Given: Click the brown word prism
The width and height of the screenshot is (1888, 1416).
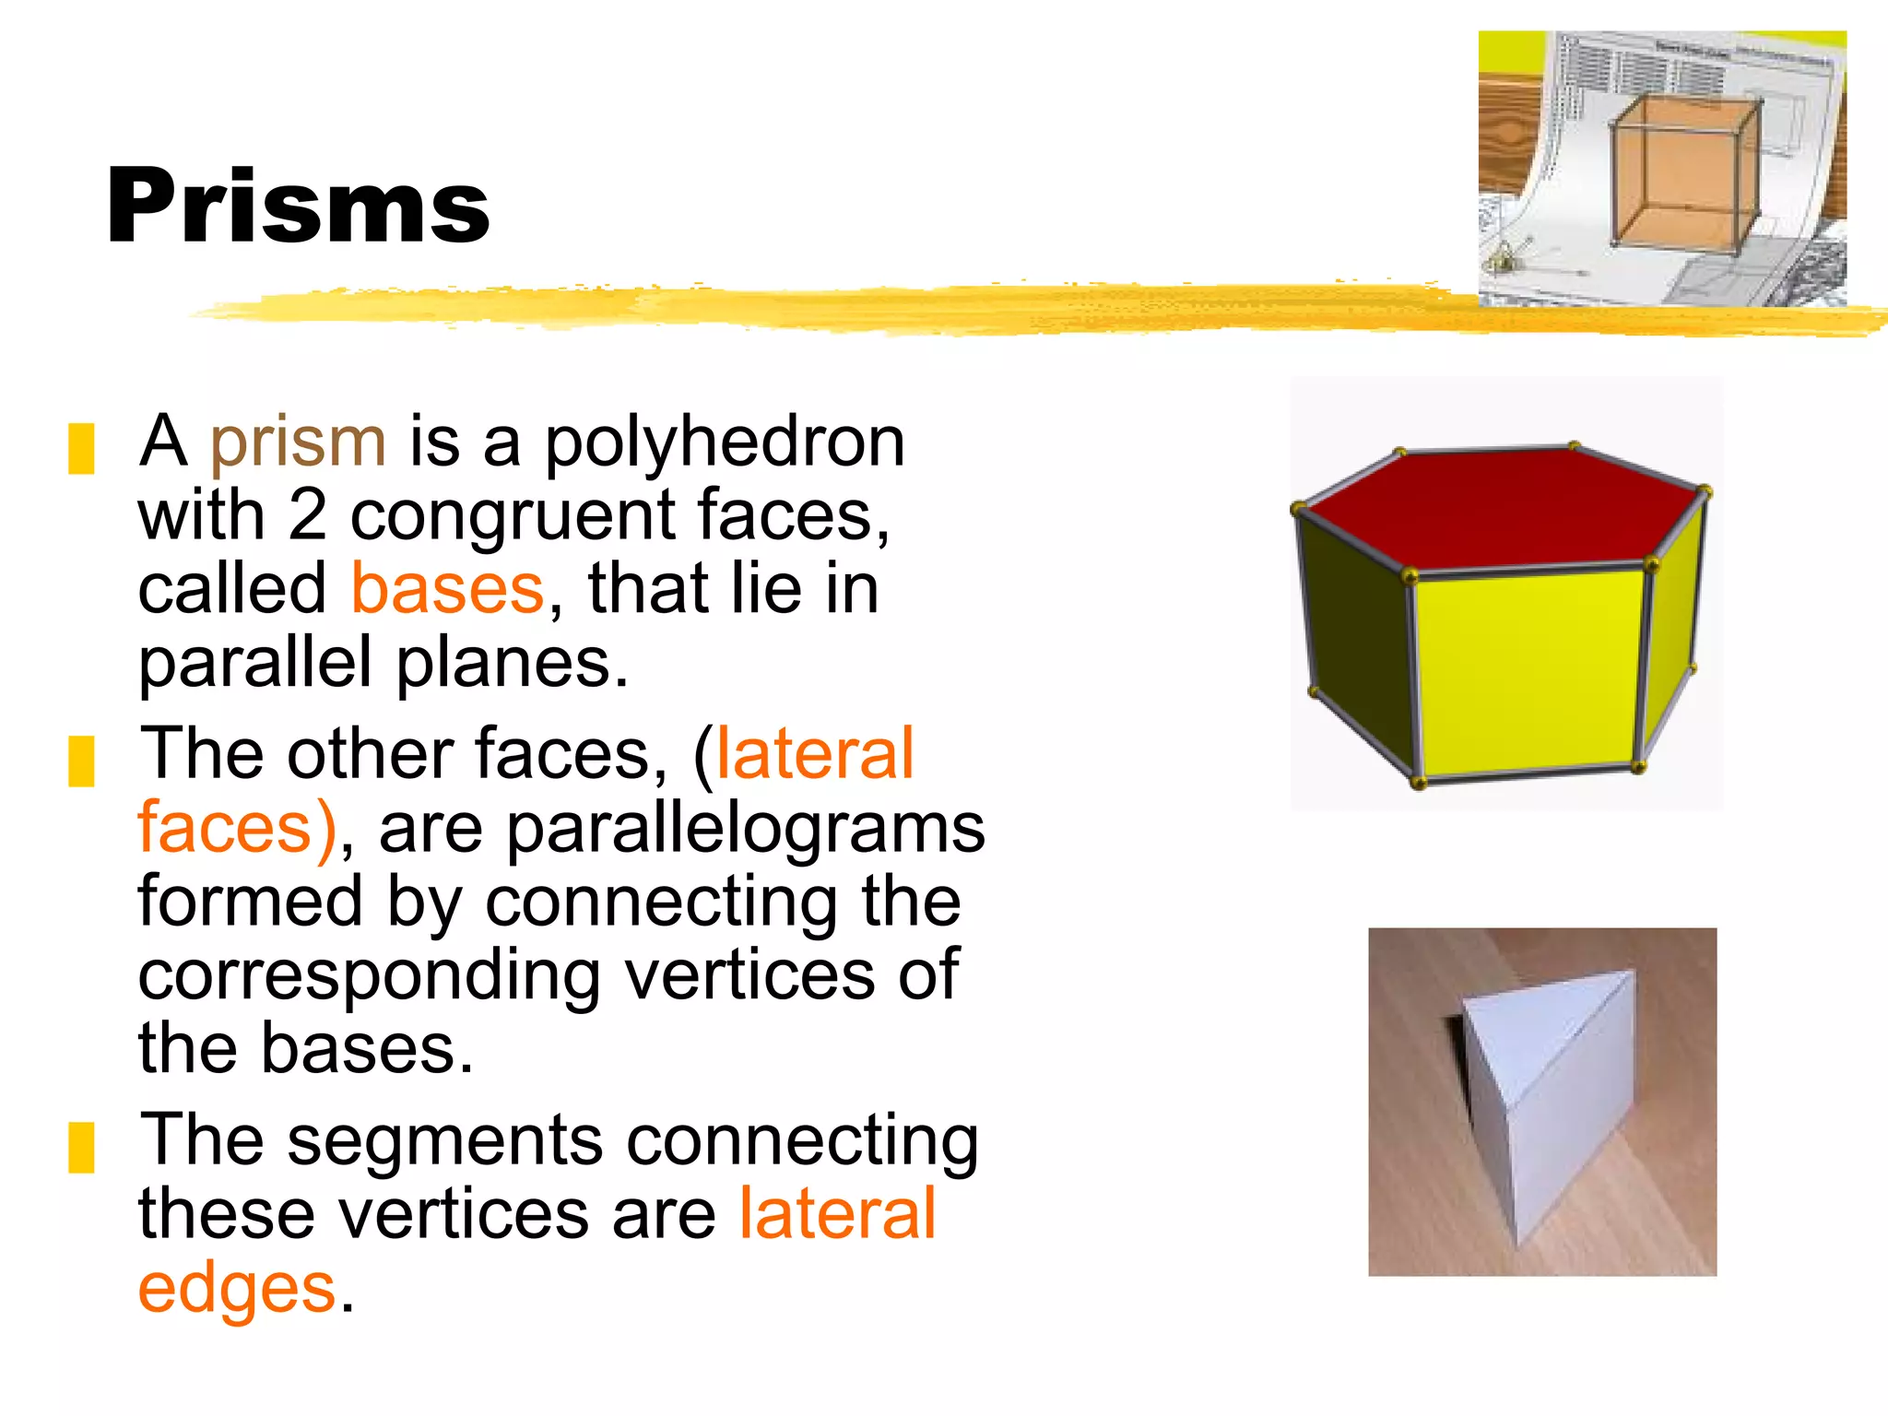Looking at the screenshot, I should [x=298, y=442].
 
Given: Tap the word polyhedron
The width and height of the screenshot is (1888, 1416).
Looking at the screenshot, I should [x=725, y=442].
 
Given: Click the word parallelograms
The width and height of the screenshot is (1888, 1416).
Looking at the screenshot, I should [x=746, y=828].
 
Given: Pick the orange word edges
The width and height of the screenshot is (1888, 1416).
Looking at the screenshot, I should [x=236, y=1288].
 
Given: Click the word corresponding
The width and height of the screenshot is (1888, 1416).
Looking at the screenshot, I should [x=370, y=975].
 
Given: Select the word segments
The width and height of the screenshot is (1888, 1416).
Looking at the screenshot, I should [x=445, y=1141].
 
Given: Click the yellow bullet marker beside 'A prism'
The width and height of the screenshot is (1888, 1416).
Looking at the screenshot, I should [x=81, y=449].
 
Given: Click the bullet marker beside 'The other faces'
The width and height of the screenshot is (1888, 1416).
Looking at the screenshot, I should [x=81, y=761].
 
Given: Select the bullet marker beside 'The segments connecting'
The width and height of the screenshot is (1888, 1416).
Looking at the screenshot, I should [x=81, y=1147].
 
